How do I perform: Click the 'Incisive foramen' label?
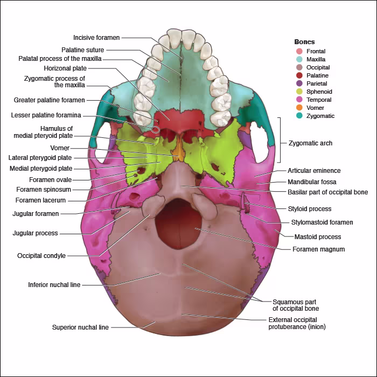coord(96,38)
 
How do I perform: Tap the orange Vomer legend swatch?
coord(299,108)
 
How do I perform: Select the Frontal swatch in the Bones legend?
coord(299,51)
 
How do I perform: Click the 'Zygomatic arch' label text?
coord(310,143)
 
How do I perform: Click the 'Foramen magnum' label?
coord(318,249)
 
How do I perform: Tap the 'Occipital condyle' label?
coord(41,256)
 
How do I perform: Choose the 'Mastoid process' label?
coord(317,237)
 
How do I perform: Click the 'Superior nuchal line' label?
coord(80,327)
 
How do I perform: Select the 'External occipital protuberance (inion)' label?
coord(297,323)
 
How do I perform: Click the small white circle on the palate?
coord(156,129)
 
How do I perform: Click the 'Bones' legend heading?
coord(304,41)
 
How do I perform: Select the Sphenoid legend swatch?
coord(299,92)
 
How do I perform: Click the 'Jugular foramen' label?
coord(36,214)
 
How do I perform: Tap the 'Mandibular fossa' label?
coord(312,182)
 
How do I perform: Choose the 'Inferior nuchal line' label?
coord(54,285)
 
